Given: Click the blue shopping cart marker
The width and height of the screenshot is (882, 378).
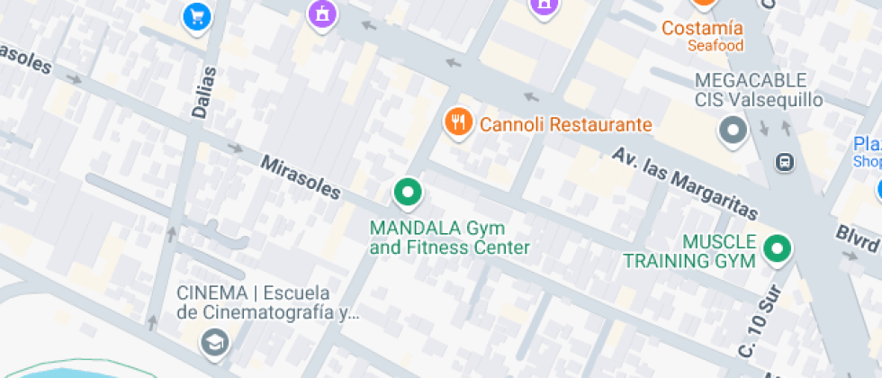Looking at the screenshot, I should [196, 15].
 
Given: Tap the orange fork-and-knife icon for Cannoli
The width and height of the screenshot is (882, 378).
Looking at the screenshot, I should [459, 121].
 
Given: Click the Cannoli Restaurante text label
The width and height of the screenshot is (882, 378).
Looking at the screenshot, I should [565, 124].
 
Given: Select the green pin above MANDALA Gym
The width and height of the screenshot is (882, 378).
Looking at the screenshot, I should [408, 192].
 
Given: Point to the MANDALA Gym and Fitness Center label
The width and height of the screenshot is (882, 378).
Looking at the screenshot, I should [449, 237].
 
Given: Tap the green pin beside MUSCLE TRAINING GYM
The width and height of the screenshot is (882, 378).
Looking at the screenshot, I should [775, 249].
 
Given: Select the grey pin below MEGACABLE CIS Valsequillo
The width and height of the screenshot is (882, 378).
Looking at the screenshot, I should [733, 131].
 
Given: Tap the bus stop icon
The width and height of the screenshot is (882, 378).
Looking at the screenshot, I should [785, 162].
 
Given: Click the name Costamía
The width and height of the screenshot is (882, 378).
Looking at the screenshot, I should [703, 28].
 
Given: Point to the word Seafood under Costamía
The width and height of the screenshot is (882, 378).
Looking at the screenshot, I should [715, 45].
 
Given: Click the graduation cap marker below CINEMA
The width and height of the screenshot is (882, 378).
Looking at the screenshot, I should [215, 342].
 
